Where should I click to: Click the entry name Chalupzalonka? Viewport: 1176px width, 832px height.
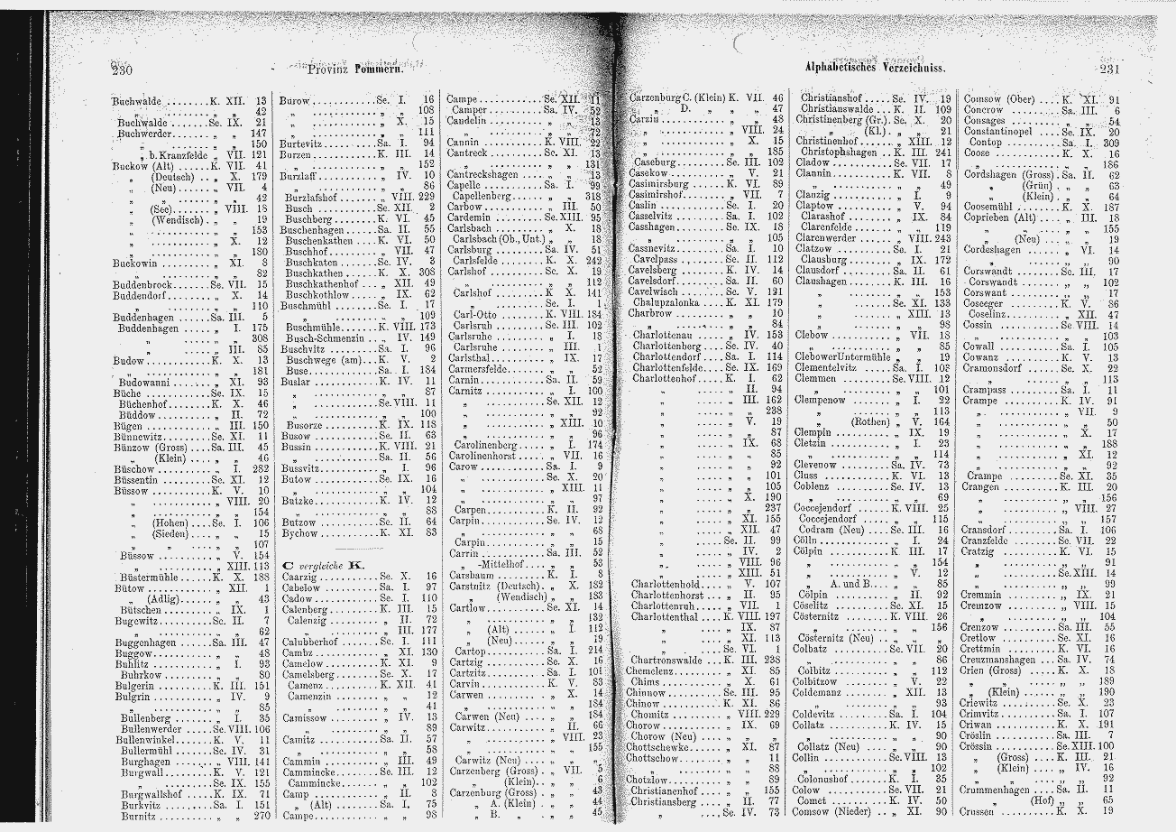click(x=671, y=302)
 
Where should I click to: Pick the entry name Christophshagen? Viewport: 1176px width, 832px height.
click(x=842, y=152)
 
